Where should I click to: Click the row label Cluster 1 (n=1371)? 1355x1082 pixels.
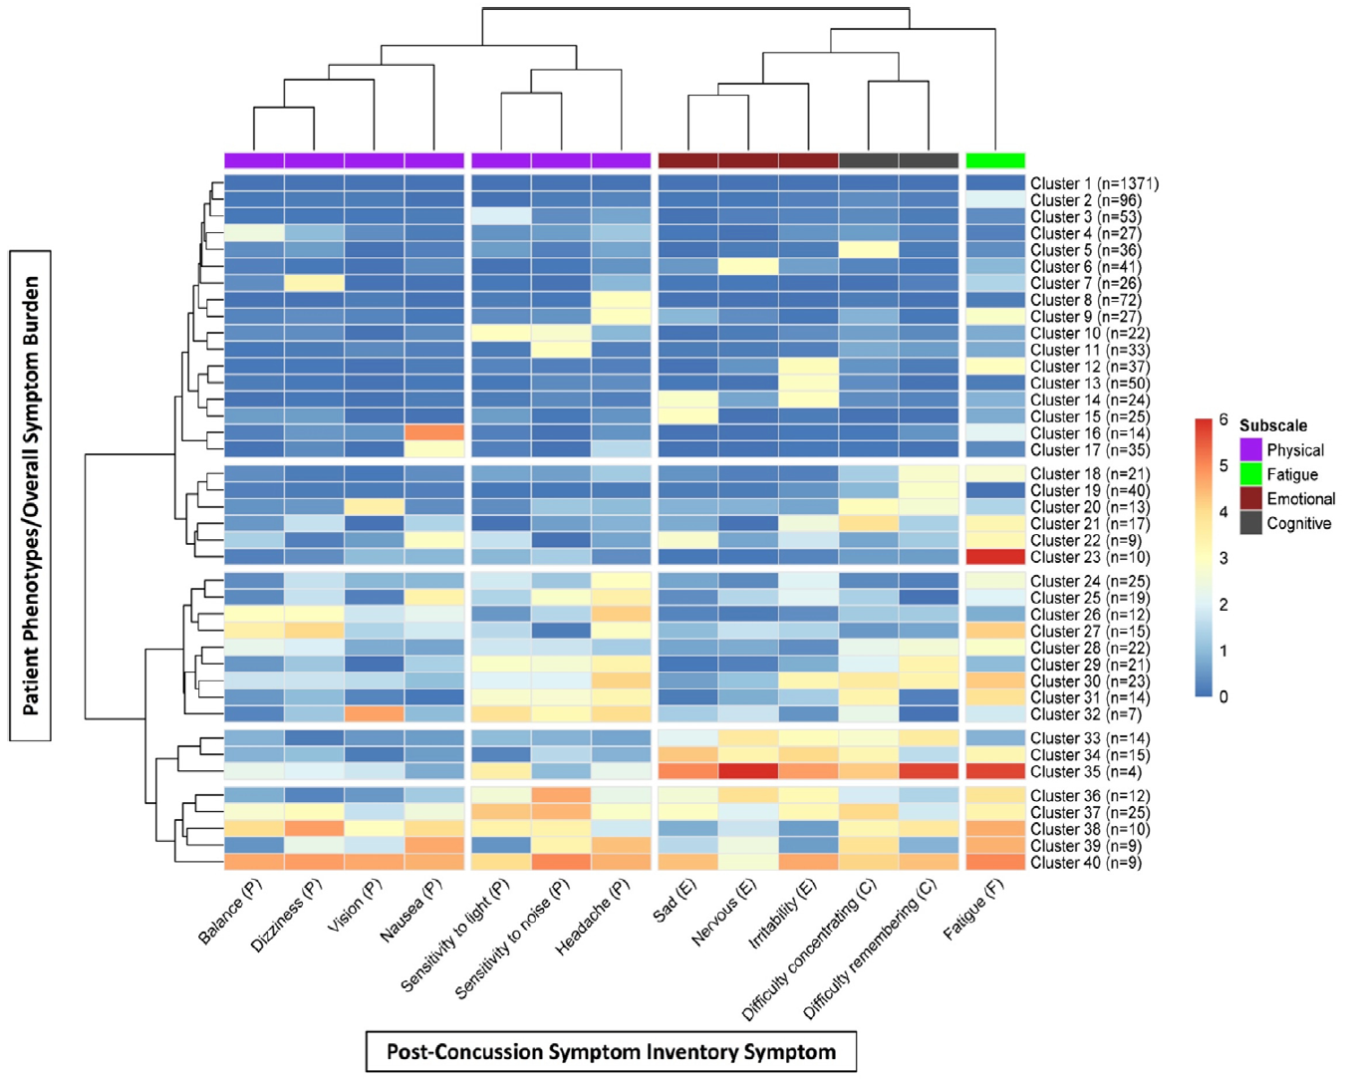point(1094,183)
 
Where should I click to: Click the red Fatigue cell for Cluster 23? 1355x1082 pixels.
point(995,557)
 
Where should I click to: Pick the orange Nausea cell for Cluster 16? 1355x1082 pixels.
point(434,432)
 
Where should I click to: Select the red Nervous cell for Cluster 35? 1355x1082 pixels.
point(748,771)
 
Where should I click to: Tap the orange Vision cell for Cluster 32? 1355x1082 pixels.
point(374,713)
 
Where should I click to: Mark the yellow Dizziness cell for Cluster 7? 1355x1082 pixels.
point(314,283)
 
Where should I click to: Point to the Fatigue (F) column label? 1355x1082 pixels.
point(973,909)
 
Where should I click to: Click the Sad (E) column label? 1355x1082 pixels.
point(675,901)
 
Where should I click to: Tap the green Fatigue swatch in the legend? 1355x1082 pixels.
point(1251,474)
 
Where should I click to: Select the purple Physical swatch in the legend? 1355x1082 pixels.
point(1251,449)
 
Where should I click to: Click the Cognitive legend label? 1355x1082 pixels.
point(1299,523)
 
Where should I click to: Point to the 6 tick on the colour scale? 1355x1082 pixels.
point(1223,419)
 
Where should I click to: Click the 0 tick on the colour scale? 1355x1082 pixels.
point(1223,696)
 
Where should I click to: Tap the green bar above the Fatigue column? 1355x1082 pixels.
point(995,160)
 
